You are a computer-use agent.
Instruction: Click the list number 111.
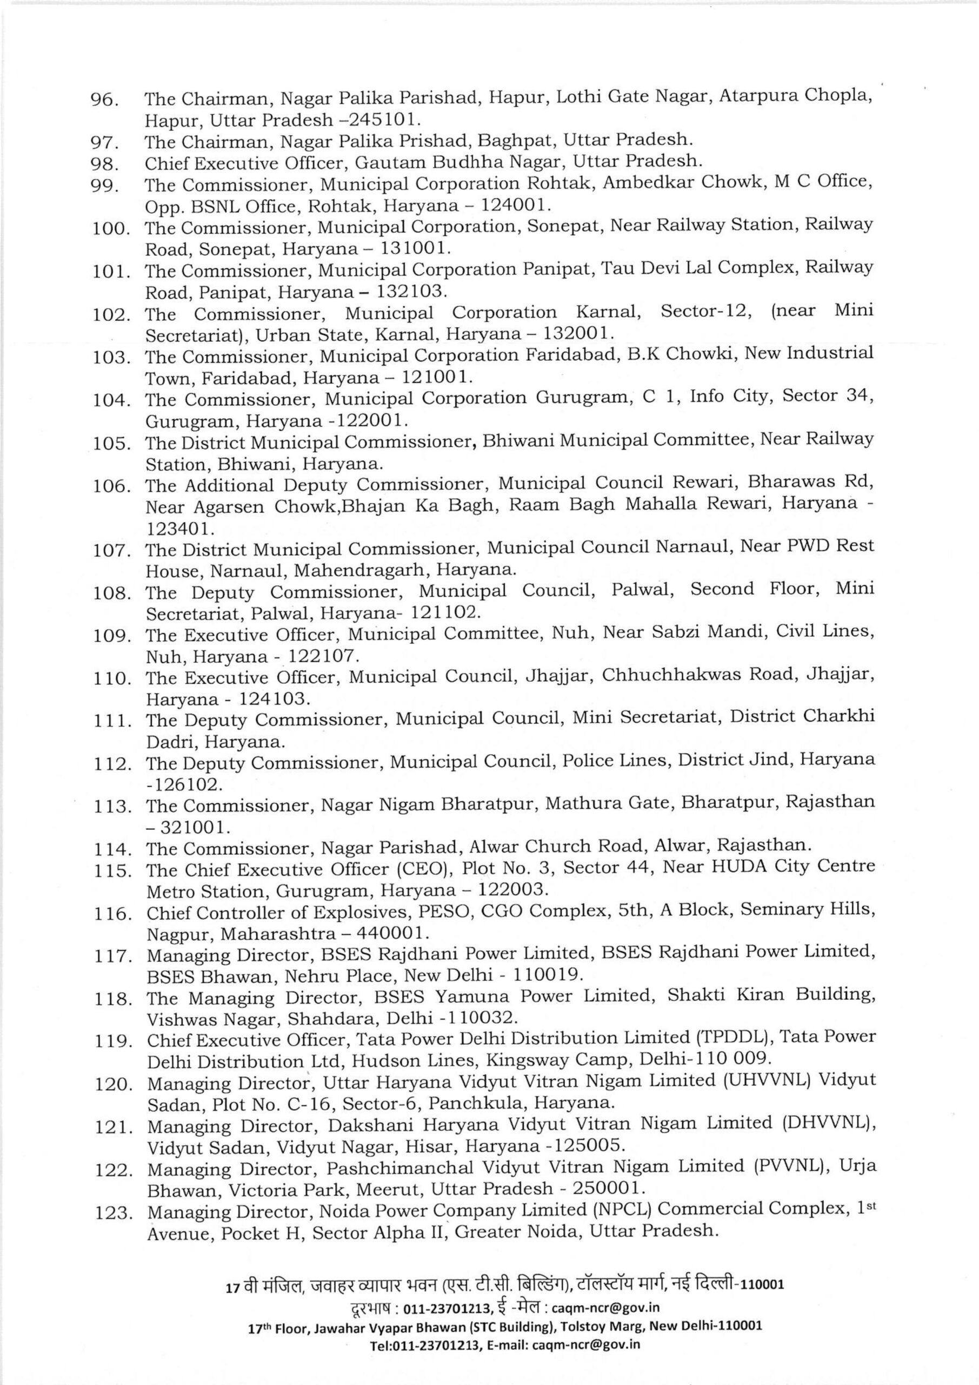112,722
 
